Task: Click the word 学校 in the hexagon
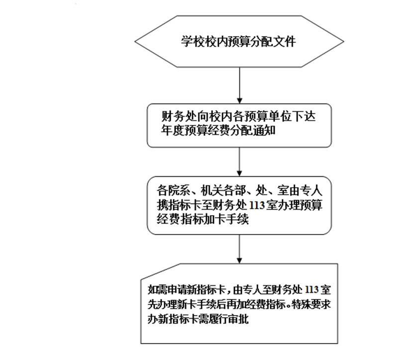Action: [x=192, y=42]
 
